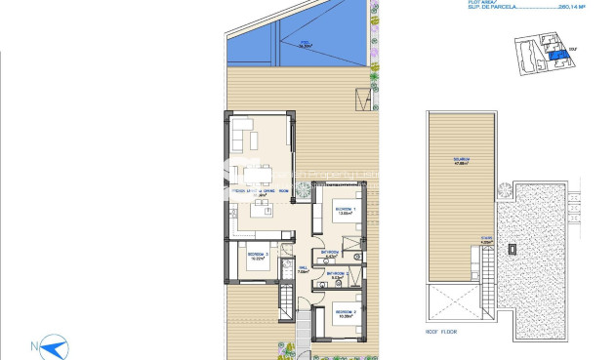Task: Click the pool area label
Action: [307, 43]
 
